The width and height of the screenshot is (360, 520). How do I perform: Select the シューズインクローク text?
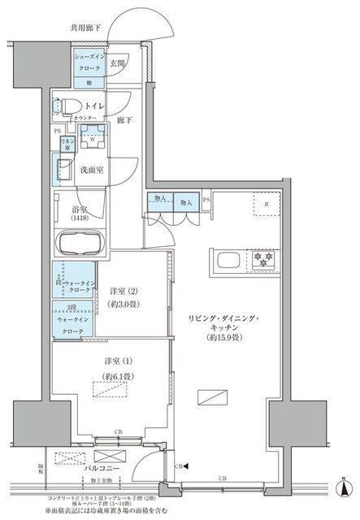(89, 63)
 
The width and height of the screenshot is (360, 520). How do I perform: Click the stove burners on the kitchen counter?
(263, 260)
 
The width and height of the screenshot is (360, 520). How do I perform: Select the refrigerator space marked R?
(267, 203)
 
